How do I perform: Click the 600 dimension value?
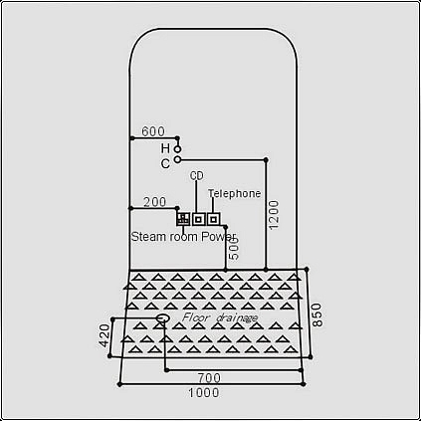coord(153,131)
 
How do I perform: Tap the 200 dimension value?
coord(154,202)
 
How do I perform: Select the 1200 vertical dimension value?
coord(274,215)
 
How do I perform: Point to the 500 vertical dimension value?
coord(234,249)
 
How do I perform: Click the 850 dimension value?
coord(317,315)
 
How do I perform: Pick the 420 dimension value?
coord(105,335)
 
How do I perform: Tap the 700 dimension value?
coord(209,378)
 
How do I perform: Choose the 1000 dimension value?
coord(204,393)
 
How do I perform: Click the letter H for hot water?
coord(165,148)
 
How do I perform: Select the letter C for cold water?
coord(165,163)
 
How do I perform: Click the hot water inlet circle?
coord(178,149)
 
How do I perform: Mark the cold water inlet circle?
coord(178,159)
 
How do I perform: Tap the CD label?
coord(197,176)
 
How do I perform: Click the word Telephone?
coord(234,193)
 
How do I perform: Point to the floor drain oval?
coord(163,318)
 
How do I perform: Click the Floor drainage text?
coord(220,317)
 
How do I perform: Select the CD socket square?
coord(198,219)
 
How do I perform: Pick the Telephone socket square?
coord(214,219)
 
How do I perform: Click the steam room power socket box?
coord(183,219)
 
